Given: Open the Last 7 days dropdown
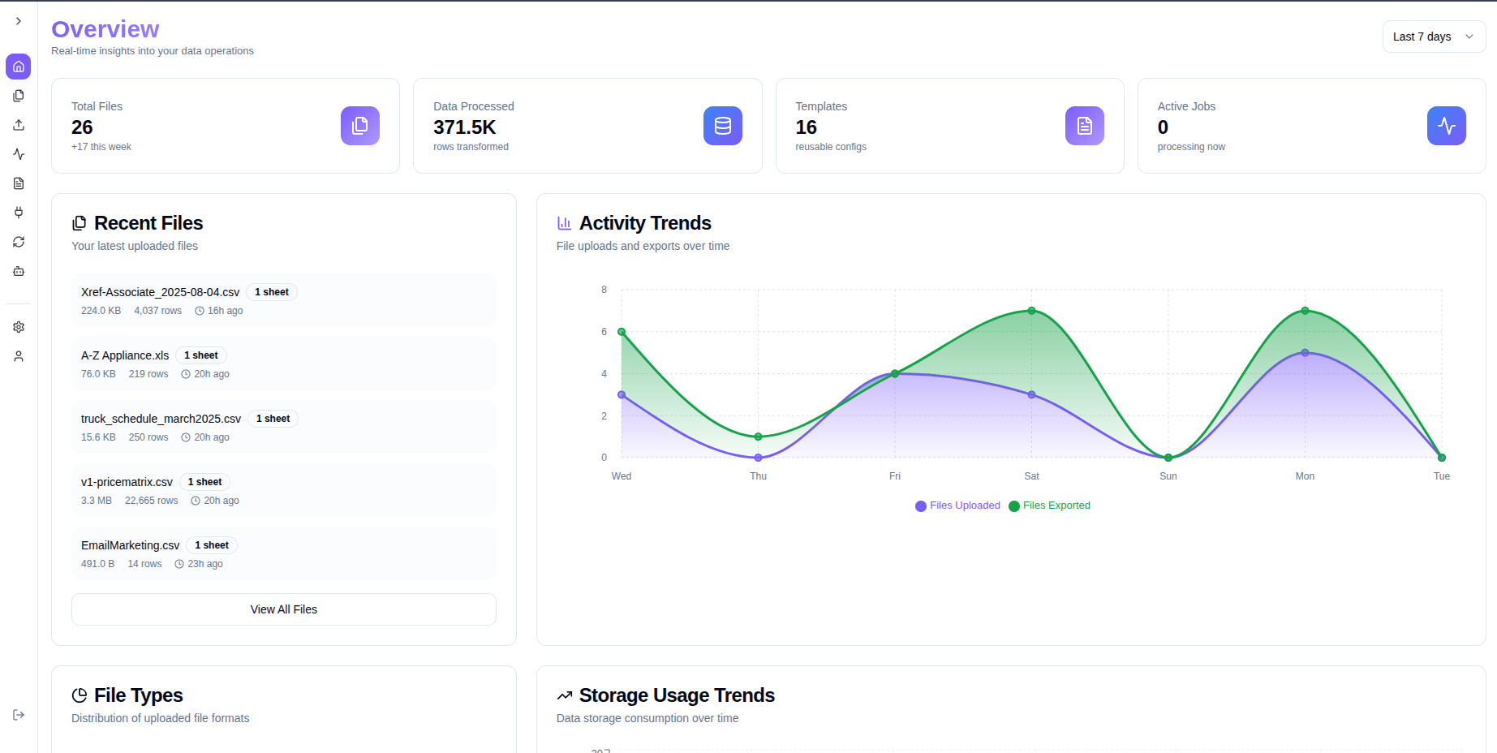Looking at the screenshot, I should tap(1433, 37).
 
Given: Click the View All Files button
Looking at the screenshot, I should tap(284, 609).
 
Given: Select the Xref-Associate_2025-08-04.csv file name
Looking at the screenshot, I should tap(160, 292).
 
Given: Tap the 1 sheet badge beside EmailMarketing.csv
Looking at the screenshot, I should tap(211, 545).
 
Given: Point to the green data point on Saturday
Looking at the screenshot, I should tap(1031, 311).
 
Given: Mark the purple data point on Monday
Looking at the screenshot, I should tap(1305, 353).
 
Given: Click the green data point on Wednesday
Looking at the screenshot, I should tap(622, 332).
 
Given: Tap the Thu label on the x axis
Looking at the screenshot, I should tap(758, 476).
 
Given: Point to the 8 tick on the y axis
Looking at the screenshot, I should tap(604, 290).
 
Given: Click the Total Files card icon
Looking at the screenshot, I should tap(360, 126).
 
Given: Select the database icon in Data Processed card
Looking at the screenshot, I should tap(722, 126).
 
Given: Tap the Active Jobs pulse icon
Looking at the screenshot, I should tap(1446, 126).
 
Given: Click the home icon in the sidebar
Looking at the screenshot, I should tap(19, 67).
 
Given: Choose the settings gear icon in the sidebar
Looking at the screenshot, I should tap(19, 327).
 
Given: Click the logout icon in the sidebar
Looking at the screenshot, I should tap(19, 715).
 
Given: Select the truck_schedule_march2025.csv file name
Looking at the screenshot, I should tap(161, 419).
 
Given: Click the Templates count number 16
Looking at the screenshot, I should tap(806, 127).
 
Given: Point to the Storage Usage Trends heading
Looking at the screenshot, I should tap(677, 695).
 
